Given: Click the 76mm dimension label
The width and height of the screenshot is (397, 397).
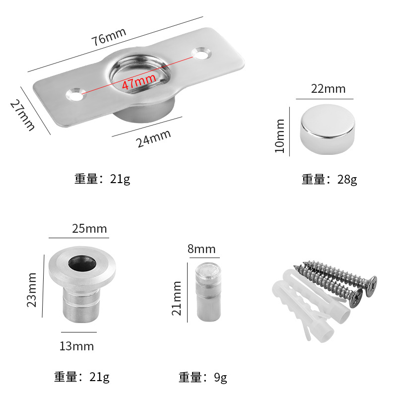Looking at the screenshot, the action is click(109, 37).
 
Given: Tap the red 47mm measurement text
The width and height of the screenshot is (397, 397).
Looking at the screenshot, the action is click(138, 83).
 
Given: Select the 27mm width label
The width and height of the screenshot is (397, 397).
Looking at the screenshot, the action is click(22, 115).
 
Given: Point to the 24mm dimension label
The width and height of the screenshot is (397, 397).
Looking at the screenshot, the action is click(153, 138).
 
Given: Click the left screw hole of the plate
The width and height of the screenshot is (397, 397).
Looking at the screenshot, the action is click(75, 93).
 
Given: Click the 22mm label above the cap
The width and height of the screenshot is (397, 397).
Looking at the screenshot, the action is click(328, 89).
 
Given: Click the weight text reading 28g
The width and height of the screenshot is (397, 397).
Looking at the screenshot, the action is click(329, 179).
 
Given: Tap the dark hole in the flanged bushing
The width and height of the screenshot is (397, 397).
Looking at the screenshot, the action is click(82, 263).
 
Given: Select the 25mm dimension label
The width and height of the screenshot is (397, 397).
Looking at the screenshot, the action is click(89, 229).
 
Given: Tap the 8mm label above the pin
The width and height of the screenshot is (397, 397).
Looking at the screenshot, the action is click(201, 249).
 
